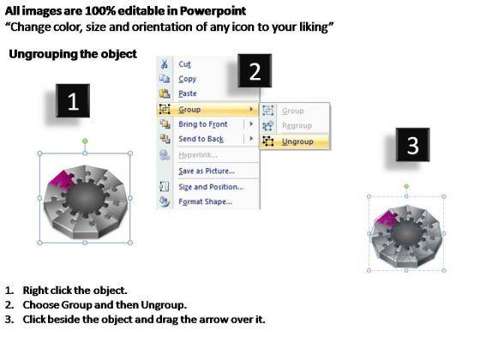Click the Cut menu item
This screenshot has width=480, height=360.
click(x=184, y=64)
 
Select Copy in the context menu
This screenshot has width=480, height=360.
click(x=188, y=79)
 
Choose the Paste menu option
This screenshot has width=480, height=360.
click(x=188, y=93)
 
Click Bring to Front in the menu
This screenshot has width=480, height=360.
click(x=203, y=124)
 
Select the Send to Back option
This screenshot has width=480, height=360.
click(x=201, y=139)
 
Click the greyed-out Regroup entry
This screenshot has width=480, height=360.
click(x=297, y=125)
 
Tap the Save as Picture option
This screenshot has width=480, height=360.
click(x=207, y=171)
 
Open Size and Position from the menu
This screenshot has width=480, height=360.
click(x=211, y=187)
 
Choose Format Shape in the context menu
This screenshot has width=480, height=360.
click(x=205, y=201)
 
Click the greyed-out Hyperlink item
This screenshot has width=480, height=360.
click(x=198, y=155)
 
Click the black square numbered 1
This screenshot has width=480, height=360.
click(x=73, y=101)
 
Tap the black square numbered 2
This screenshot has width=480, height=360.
click(x=255, y=70)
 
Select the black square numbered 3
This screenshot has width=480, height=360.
click(x=412, y=145)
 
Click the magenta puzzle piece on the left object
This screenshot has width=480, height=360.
click(x=62, y=181)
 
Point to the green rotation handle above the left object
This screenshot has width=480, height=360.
click(x=85, y=141)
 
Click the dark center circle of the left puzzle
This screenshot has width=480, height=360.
click(x=86, y=197)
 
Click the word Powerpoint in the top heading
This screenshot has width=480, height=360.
click(x=213, y=11)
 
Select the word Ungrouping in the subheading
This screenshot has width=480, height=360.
click(x=43, y=54)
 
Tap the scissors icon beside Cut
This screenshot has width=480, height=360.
click(x=165, y=64)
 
